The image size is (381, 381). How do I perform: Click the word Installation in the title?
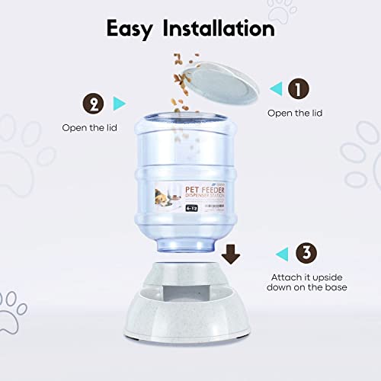pyautogui.click(x=222, y=29)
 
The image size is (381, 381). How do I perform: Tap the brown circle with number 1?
pyautogui.click(x=298, y=89)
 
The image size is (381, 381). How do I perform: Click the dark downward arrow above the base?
pyautogui.click(x=231, y=253)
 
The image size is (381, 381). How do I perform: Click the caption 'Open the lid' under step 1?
pyautogui.click(x=294, y=113)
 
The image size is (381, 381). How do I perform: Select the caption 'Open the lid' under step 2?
pyautogui.click(x=88, y=127)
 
